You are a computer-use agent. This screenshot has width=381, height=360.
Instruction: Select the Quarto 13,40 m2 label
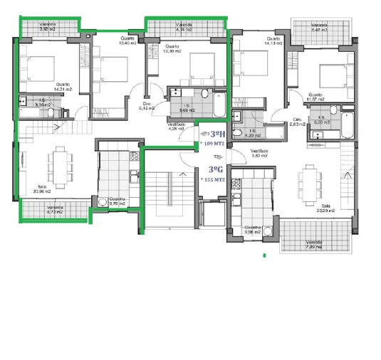[x=127, y=41]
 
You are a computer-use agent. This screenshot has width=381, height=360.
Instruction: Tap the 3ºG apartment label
[x=214, y=169]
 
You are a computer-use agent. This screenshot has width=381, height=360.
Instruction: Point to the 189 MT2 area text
[x=214, y=143]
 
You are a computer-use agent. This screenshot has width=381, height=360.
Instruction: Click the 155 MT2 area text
[x=214, y=180]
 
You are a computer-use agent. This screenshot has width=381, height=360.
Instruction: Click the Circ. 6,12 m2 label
[x=147, y=107]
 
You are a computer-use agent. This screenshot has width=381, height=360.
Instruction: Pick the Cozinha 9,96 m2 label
[x=253, y=231]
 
